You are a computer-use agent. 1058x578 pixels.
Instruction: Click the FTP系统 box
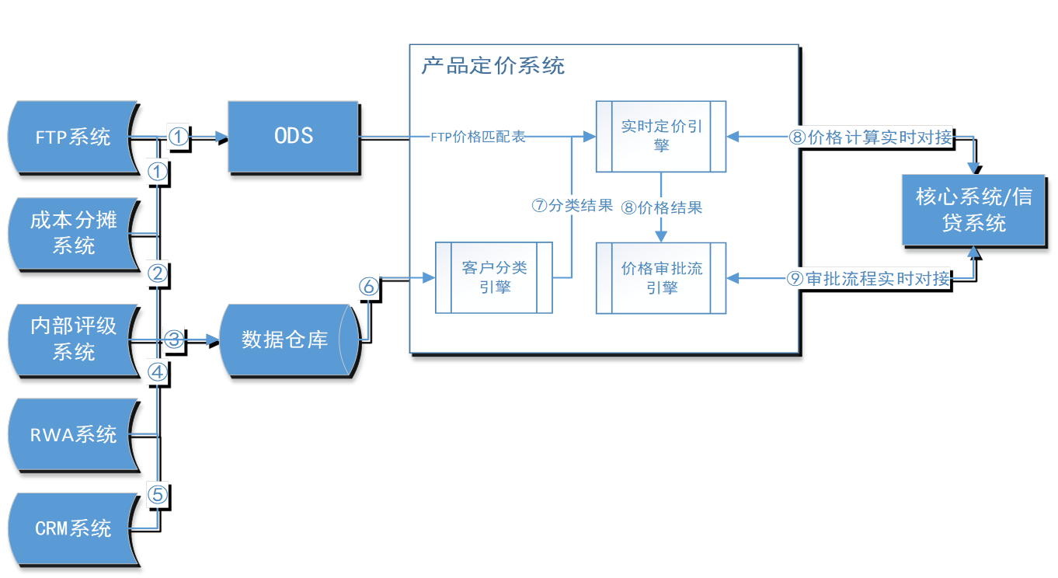click(73, 138)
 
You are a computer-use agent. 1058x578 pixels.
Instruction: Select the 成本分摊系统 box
click(73, 233)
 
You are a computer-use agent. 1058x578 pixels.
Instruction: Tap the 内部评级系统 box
click(73, 339)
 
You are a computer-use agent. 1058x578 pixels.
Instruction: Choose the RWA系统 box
click(73, 434)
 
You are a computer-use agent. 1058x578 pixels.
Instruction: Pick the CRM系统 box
click(73, 529)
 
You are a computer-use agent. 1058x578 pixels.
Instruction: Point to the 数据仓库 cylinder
click(286, 339)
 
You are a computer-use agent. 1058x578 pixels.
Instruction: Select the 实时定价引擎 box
click(661, 136)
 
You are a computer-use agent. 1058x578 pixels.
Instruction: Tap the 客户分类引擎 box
click(494, 277)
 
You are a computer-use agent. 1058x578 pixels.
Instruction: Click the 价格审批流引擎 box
click(661, 277)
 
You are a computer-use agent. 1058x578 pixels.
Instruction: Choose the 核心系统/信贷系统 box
click(973, 210)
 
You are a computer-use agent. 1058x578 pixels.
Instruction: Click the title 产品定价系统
click(492, 65)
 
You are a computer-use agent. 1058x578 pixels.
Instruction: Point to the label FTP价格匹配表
click(478, 138)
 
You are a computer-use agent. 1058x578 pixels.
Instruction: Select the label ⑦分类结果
click(572, 206)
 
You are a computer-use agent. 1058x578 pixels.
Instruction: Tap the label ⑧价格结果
click(661, 207)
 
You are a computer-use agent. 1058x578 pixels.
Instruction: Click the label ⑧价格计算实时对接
click(870, 138)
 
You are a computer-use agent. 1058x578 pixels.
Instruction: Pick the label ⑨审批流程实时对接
click(868, 278)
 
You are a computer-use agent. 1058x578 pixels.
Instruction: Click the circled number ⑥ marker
click(368, 287)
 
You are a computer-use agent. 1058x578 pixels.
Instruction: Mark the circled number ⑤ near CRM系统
click(158, 494)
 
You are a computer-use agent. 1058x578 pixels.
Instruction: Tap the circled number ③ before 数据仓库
click(173, 339)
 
